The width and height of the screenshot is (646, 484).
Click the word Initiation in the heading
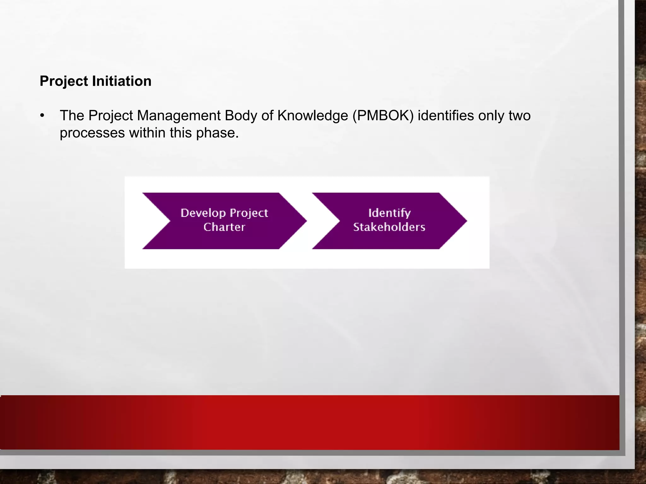[122, 81]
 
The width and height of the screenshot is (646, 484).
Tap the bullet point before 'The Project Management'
[43, 115]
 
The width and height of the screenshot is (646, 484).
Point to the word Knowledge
[313, 116]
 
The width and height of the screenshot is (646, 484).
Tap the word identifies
[446, 116]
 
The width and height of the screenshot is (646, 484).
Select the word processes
[92, 133]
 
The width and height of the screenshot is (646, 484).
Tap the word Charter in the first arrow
[224, 227]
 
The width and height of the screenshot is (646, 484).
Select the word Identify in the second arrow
[390, 213]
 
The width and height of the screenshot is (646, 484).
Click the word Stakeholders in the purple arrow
[389, 227]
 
